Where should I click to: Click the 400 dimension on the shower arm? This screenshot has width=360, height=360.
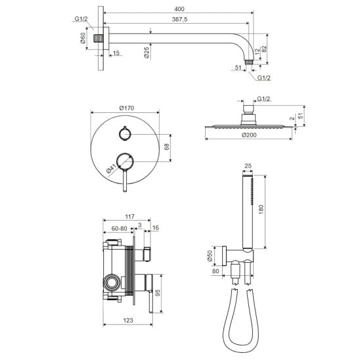[179, 9]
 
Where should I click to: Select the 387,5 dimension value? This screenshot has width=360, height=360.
[179, 19]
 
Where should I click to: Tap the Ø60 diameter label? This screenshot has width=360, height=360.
[83, 38]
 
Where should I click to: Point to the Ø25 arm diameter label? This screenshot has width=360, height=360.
[146, 53]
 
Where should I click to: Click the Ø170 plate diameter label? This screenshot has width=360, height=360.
[127, 108]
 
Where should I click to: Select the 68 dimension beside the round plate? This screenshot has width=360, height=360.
[167, 146]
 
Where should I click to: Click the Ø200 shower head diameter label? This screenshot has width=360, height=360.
[249, 135]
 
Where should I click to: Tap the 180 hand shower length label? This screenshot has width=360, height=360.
[261, 210]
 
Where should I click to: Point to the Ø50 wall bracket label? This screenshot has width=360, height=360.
[210, 256]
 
